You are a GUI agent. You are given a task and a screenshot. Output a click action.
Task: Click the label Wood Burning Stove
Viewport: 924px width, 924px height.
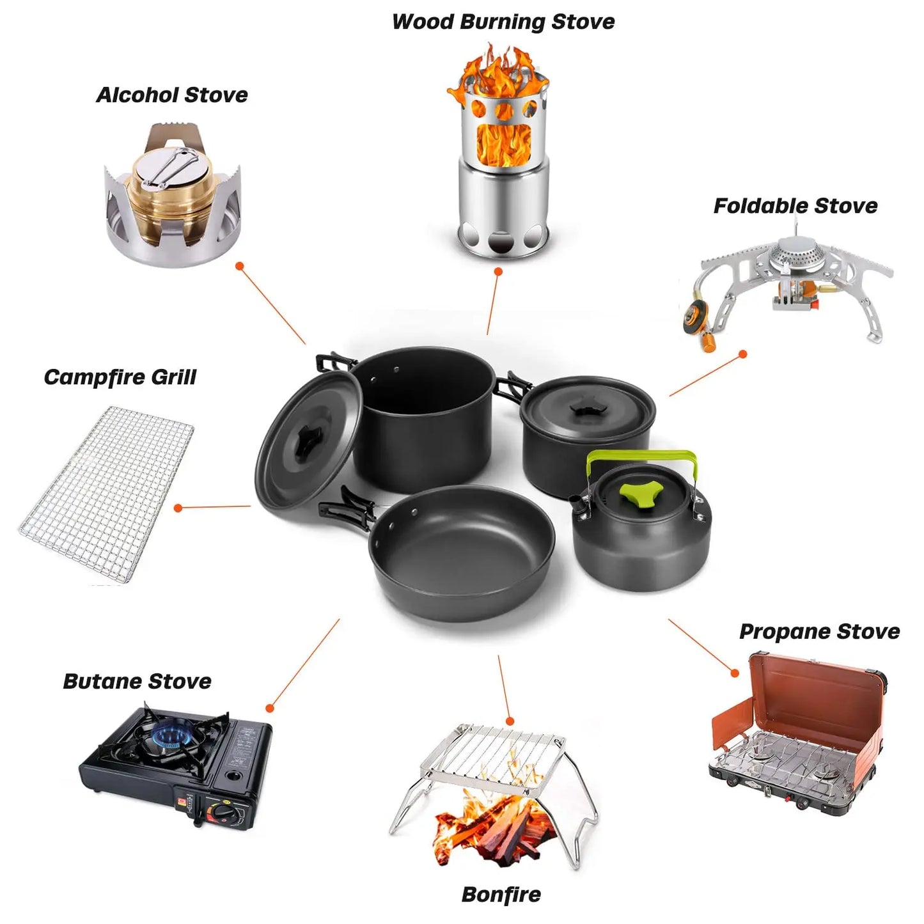(x=503, y=22)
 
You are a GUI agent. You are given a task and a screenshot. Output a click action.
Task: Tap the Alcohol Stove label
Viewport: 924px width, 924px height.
(x=172, y=95)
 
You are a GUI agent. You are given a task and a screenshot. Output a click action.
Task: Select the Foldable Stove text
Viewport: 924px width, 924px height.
(x=795, y=206)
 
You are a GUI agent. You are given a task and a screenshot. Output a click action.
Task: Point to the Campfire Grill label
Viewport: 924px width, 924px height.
(x=120, y=377)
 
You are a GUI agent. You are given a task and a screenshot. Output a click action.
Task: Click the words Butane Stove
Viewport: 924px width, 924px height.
(x=137, y=681)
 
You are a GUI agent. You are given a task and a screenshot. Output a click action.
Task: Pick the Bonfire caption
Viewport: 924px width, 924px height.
(x=501, y=894)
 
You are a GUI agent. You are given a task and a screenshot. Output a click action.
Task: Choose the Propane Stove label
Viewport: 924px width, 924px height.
(x=819, y=631)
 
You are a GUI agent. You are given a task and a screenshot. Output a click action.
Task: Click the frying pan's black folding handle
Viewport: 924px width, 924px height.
(x=345, y=512)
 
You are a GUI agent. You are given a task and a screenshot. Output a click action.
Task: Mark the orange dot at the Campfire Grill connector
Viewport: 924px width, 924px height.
(x=178, y=508)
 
